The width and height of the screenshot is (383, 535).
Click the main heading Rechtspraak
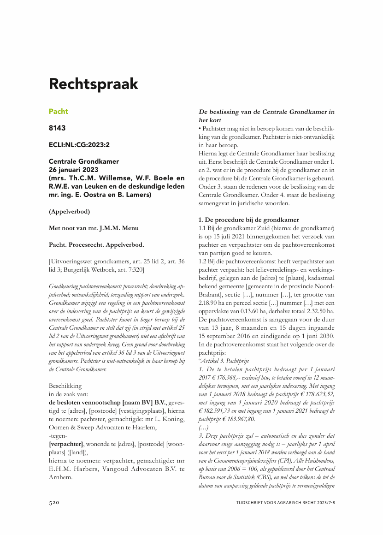coord(94,84)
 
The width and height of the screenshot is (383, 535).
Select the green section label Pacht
coord(59,112)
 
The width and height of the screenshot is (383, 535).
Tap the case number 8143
coord(58,128)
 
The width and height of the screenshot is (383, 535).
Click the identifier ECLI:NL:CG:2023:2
coord(79,145)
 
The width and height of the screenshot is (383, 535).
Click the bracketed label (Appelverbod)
coord(69,212)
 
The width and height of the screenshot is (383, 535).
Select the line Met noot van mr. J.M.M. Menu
coord(94,228)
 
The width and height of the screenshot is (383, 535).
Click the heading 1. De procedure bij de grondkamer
coord(248,220)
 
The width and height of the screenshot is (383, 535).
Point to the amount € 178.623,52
coord(314,394)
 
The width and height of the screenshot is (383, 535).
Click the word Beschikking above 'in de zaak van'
coord(65,386)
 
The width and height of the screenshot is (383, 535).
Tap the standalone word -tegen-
coord(58,435)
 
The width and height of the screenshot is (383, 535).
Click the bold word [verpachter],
coord(66,444)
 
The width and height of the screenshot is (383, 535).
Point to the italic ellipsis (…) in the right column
coord(203,428)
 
